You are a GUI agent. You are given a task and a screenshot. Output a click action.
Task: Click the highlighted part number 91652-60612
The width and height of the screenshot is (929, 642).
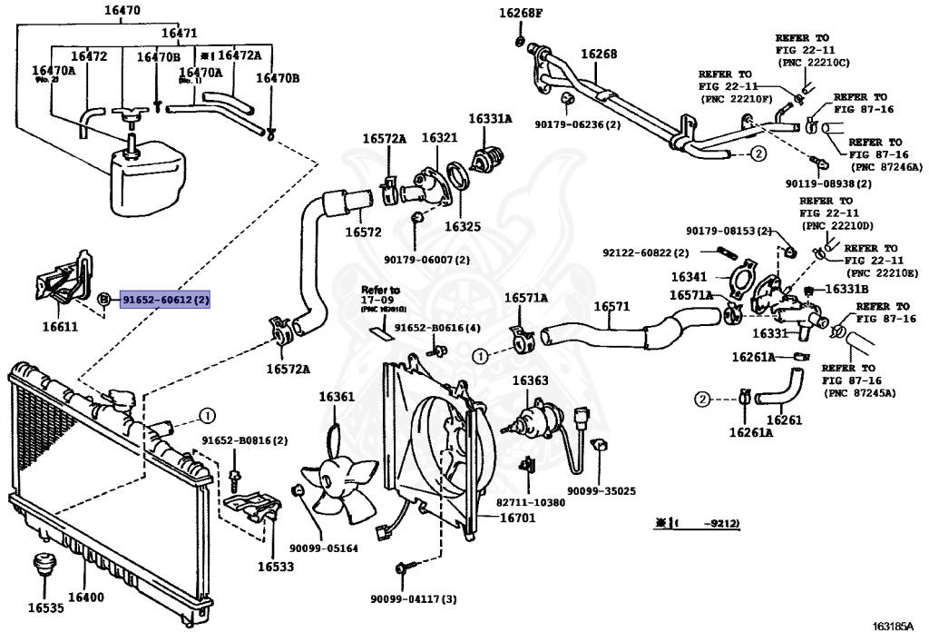click(x=166, y=299)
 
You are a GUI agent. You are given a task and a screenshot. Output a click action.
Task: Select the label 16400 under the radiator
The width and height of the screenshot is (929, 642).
click(x=86, y=598)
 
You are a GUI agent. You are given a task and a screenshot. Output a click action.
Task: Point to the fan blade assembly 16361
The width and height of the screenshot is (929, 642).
click(x=337, y=476)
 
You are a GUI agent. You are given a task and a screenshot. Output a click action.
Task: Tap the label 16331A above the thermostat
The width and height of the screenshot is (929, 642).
click(x=490, y=118)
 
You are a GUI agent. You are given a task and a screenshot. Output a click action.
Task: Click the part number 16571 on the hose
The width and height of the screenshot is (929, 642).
click(x=611, y=307)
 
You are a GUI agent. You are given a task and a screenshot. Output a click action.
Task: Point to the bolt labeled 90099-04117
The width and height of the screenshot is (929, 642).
click(x=402, y=568)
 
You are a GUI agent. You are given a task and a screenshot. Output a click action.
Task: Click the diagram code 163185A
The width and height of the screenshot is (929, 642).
click(x=893, y=627)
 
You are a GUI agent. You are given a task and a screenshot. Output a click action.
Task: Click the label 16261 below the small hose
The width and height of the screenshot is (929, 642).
click(x=785, y=420)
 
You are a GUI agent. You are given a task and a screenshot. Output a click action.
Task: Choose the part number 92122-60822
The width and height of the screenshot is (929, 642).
click(x=645, y=252)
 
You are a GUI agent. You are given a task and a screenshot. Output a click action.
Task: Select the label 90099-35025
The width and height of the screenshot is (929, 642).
click(x=601, y=490)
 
